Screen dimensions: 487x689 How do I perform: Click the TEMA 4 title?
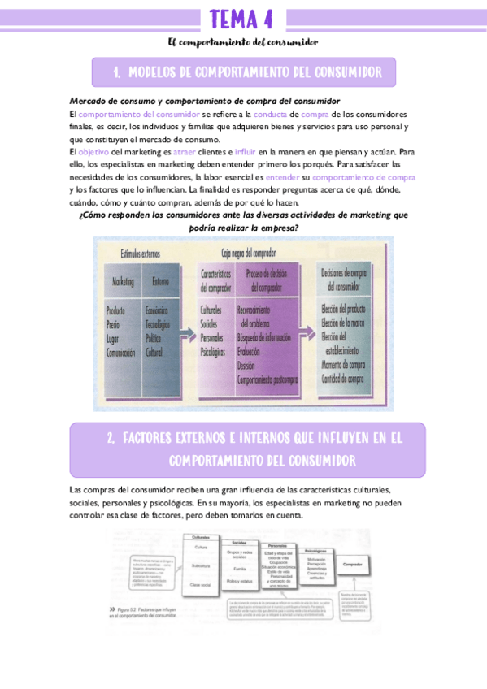point(241,18)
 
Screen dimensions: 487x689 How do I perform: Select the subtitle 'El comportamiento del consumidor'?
point(242,41)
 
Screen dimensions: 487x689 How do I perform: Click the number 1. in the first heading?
point(117,73)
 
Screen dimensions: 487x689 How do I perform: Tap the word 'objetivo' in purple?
point(93,151)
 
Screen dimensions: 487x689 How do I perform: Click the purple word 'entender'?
point(282,177)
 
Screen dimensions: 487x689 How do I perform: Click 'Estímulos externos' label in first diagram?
point(140,253)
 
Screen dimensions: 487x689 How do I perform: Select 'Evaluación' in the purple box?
point(249,353)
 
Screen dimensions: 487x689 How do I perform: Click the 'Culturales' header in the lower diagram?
point(201,537)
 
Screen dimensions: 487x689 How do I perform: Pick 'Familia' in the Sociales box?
point(238,571)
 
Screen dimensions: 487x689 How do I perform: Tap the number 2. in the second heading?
point(111,439)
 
